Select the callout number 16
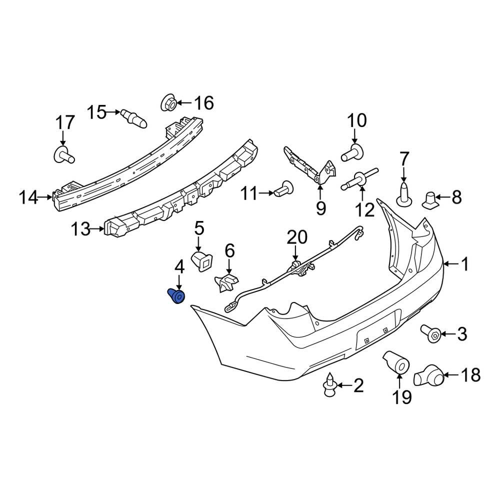coord(203,103)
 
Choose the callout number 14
coord(28,198)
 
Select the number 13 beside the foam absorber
coord(80,230)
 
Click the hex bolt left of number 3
coord(431,333)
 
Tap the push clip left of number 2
coord(330,385)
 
